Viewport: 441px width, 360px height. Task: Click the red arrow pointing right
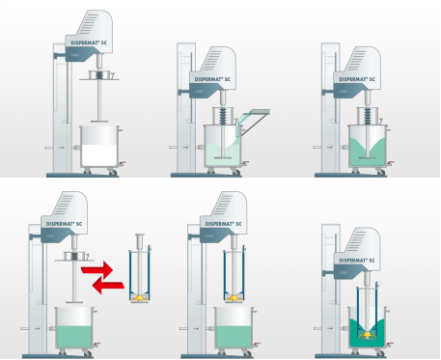[x=98, y=268]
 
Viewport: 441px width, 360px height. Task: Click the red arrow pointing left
[x=108, y=285]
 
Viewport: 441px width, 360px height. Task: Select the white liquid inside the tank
[x=99, y=155]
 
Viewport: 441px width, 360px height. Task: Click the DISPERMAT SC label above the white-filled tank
[x=89, y=42]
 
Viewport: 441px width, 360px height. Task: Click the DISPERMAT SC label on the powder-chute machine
[x=212, y=79]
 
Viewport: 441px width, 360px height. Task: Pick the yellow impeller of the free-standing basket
[x=140, y=297]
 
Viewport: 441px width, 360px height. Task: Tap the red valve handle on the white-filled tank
[x=123, y=163]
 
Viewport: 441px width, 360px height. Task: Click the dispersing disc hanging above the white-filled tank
[x=99, y=122]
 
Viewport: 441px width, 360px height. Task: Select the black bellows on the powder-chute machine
[x=223, y=117]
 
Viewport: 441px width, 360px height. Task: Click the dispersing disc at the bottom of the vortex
[x=367, y=157]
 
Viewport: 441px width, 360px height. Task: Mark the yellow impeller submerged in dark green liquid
[x=367, y=335]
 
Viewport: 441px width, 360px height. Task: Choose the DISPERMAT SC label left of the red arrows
[x=64, y=224]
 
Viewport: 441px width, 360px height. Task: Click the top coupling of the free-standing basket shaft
[x=140, y=238]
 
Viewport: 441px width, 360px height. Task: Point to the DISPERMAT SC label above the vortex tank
[x=357, y=79]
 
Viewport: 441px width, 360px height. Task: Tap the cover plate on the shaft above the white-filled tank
[x=99, y=75]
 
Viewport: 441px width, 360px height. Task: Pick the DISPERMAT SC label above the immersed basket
[x=357, y=261]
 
